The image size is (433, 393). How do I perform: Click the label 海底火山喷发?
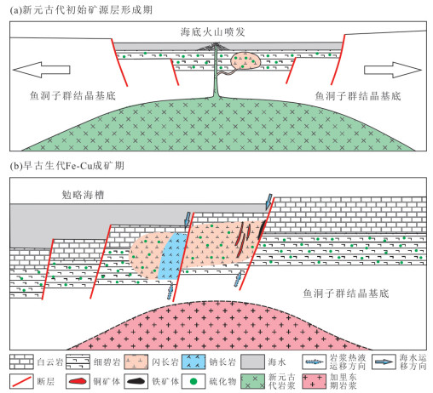212,31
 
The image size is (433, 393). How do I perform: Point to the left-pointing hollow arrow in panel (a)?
42,70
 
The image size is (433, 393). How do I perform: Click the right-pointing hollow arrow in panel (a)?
393,70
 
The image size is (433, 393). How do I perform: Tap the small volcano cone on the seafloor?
216,47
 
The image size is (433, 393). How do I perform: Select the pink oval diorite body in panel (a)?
245,60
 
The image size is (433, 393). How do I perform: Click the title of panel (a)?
81,10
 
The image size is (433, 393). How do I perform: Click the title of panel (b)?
67,166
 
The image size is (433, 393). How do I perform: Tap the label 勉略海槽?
83,195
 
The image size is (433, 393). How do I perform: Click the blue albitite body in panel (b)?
171,256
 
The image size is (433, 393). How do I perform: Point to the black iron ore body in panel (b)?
262,230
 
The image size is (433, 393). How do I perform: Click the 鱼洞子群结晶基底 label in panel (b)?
346,293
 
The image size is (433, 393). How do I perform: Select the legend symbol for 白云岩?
21,362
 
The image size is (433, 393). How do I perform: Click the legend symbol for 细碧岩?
78,362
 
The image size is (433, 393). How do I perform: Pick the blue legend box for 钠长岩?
193,362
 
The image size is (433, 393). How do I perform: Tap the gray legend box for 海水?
252,362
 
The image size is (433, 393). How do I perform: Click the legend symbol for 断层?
21,381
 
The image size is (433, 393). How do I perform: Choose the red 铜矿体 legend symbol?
78,381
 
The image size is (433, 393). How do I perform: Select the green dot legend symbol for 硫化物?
193,381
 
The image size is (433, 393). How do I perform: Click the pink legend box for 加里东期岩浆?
314,381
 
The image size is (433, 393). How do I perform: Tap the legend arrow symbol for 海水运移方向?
384,362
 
